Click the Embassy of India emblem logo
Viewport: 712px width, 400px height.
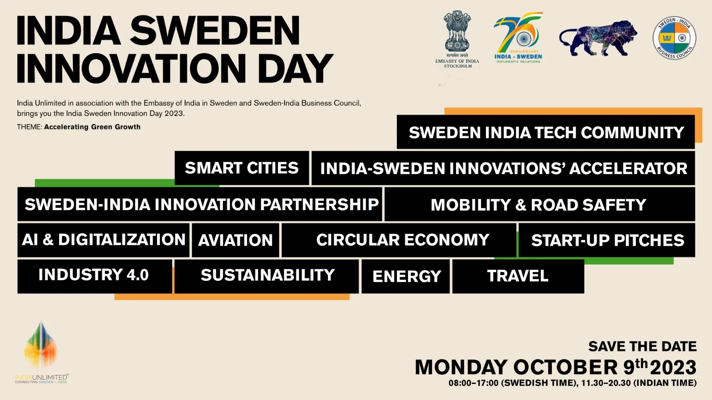(x=457, y=39)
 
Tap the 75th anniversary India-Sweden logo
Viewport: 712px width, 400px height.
(x=518, y=37)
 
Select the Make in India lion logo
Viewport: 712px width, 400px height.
(x=598, y=38)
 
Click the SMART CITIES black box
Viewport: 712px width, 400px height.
(x=242, y=168)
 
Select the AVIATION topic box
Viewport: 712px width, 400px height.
(x=235, y=240)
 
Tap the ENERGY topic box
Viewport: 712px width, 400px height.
(x=406, y=276)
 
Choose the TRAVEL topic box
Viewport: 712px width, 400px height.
(x=518, y=276)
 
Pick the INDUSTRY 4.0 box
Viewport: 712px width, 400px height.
(x=95, y=276)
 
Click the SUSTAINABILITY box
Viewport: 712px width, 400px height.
(x=267, y=276)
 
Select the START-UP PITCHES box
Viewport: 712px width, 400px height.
(x=607, y=240)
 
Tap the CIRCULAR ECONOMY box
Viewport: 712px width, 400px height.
(x=399, y=240)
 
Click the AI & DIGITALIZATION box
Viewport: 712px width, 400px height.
(x=103, y=240)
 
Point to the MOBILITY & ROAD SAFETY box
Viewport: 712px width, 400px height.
(x=540, y=204)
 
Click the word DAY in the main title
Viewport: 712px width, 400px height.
(x=295, y=68)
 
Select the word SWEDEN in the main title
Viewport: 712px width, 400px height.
(x=215, y=31)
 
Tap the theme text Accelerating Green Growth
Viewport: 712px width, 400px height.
(x=92, y=127)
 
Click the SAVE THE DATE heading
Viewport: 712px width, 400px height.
(x=643, y=346)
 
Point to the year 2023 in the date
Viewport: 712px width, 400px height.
(x=673, y=368)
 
